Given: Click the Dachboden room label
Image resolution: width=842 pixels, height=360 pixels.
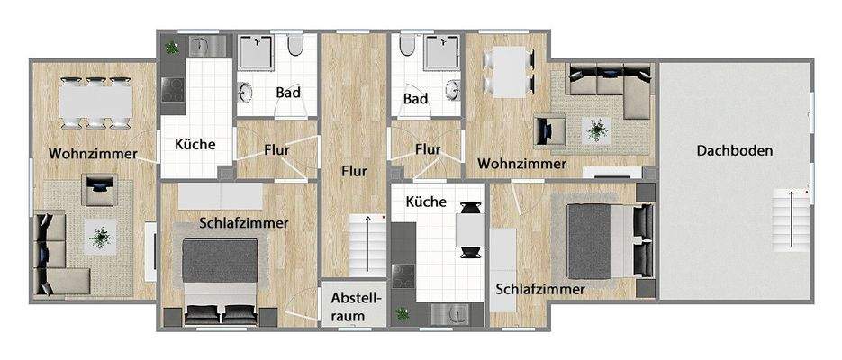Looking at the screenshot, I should point(734,151).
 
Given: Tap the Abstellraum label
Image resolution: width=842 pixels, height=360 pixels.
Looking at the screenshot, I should point(358,306).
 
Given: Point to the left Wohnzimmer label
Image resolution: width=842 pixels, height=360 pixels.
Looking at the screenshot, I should point(94,154).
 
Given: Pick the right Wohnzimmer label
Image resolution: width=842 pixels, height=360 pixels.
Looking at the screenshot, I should point(522,164).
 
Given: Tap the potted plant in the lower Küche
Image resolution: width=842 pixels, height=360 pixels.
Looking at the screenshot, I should point(403,314).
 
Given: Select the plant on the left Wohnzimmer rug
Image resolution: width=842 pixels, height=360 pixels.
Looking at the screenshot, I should point(100,238).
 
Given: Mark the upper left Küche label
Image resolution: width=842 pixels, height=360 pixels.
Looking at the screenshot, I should point(195,143).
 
